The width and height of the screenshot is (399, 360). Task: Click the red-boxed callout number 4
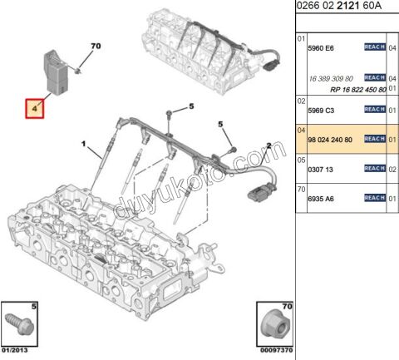[x=34, y=109]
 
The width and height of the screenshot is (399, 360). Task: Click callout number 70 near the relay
[x=96, y=46]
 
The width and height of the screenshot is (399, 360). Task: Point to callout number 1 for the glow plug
[x=83, y=144]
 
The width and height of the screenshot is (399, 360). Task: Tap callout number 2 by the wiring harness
[x=268, y=145]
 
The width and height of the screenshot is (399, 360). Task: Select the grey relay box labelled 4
[x=57, y=72]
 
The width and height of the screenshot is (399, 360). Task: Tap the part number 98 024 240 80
[x=330, y=140]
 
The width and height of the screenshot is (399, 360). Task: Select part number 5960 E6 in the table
[x=321, y=48]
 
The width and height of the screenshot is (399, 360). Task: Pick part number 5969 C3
[x=321, y=111]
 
